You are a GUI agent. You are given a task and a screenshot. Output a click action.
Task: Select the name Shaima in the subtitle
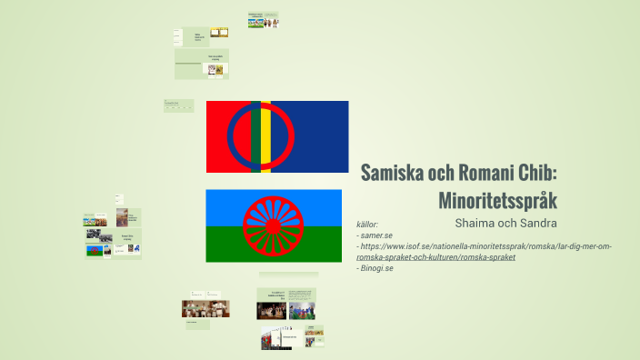click(x=478, y=223)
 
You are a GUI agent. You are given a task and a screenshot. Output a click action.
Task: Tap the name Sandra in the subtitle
click(x=536, y=223)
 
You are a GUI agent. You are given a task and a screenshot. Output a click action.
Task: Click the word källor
click(x=367, y=224)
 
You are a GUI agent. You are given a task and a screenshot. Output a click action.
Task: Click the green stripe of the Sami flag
click(x=258, y=136)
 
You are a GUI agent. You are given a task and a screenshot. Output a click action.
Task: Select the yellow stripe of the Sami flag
click(x=266, y=136)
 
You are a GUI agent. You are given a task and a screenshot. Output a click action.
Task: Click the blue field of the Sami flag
click(x=318, y=136)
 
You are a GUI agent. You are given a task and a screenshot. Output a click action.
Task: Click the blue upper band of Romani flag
click(x=227, y=202)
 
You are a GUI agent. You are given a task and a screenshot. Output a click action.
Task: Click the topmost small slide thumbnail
click(x=263, y=19)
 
